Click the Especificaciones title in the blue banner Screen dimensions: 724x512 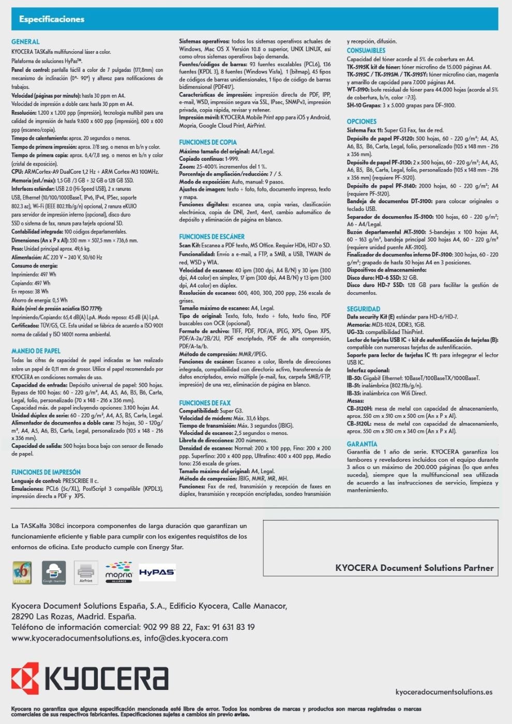[51, 19]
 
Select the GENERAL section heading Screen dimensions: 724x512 [25, 42]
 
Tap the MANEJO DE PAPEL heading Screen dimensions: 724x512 [36, 351]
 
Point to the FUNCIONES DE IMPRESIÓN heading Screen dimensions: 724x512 [46, 472]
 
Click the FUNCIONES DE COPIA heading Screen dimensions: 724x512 [208, 142]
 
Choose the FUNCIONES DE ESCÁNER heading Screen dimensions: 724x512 [212, 236]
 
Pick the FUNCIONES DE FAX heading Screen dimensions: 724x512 [205, 403]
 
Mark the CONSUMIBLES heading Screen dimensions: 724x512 [366, 51]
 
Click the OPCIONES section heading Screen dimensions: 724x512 [362, 122]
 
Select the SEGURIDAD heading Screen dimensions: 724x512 [364, 309]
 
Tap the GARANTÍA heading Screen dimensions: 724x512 [362, 444]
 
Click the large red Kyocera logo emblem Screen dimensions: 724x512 [25, 680]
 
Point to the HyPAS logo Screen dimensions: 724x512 [157, 572]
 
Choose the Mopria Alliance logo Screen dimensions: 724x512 [118, 572]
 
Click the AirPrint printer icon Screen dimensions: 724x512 [86, 572]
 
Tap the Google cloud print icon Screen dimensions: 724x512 [54, 572]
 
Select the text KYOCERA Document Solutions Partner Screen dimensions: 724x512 [414, 568]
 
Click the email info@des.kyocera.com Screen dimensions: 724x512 [186, 638]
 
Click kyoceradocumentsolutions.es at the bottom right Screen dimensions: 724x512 [444, 692]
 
